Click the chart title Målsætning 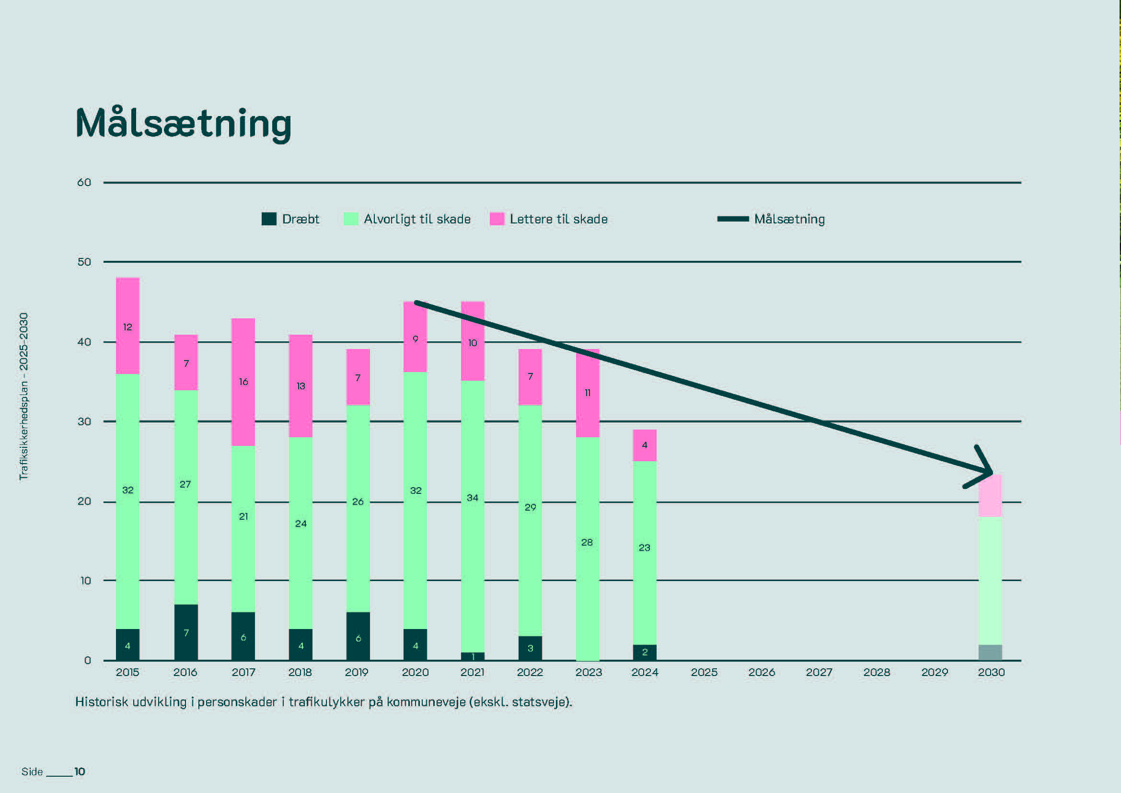point(184,123)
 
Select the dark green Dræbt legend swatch point(269,219)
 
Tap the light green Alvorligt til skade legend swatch point(350,219)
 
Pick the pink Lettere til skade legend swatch point(497,219)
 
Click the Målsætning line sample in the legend point(732,219)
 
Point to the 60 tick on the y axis point(84,183)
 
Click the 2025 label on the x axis point(704,672)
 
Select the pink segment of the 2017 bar point(243,382)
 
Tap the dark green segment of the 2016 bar point(186,632)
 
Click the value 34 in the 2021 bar point(473,498)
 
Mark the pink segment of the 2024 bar point(645,445)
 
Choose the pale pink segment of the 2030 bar point(991,496)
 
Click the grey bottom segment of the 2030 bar point(991,653)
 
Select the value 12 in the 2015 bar point(127,327)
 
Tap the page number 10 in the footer point(80,771)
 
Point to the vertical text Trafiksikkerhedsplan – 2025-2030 point(23,396)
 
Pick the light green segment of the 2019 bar point(358,508)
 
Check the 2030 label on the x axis point(991,672)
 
